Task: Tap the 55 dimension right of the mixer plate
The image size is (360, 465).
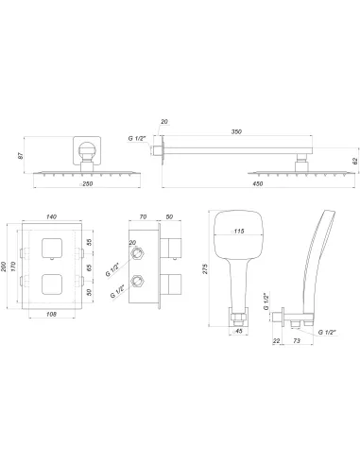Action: click(x=116, y=242)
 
